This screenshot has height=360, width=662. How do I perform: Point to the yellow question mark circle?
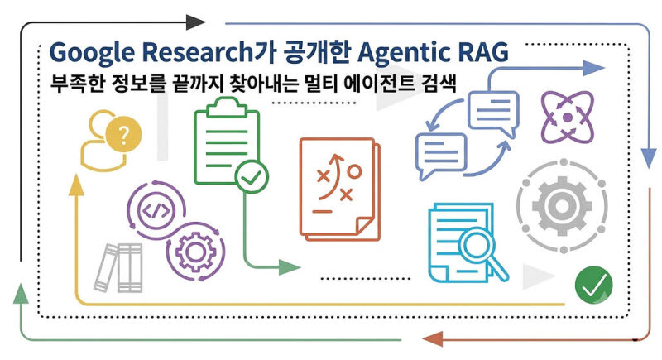[123, 135]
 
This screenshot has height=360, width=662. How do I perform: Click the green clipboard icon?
[227, 141]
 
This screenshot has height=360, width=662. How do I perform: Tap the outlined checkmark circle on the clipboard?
[252, 177]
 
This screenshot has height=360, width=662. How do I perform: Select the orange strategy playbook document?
[340, 190]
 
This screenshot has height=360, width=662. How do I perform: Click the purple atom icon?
[568, 117]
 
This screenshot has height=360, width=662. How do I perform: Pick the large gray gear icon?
[562, 206]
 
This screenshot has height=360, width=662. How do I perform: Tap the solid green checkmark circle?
[593, 285]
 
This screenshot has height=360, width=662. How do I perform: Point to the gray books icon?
[118, 267]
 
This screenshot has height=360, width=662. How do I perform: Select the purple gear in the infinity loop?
[195, 252]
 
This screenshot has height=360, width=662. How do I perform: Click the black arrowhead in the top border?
[195, 22]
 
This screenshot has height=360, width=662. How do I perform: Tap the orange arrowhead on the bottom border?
[432, 339]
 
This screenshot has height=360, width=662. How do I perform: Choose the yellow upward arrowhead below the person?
[76, 185]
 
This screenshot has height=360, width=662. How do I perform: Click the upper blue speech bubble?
[493, 113]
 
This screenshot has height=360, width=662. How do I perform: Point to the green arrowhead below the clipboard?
[290, 267]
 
